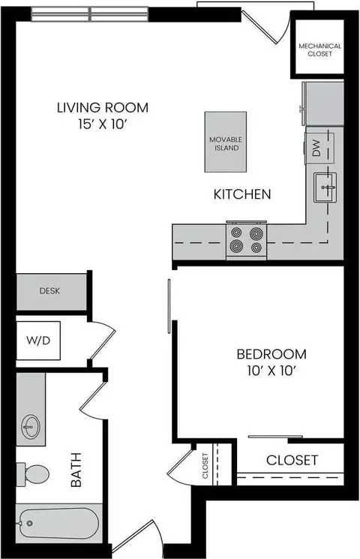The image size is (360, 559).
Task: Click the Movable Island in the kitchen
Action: click(x=225, y=142)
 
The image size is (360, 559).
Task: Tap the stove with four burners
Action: click(x=247, y=239)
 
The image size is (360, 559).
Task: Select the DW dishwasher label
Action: click(x=316, y=150)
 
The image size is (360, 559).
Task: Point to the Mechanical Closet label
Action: click(x=320, y=50)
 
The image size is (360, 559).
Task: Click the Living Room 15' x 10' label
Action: click(x=103, y=114)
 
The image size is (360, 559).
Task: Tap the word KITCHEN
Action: click(x=242, y=194)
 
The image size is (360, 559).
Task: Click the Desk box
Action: click(x=50, y=291)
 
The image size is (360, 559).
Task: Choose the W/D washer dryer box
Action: click(x=40, y=340)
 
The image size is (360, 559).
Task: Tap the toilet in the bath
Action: click(x=33, y=473)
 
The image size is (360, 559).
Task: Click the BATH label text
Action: click(x=76, y=470)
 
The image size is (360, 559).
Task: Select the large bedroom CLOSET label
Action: click(x=292, y=459)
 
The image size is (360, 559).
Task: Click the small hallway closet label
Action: click(x=205, y=465)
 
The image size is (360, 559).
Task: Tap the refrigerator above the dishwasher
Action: click(x=322, y=104)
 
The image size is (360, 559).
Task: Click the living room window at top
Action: click(x=91, y=14)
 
